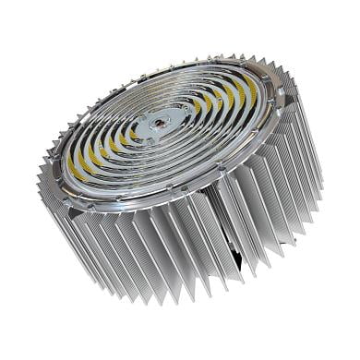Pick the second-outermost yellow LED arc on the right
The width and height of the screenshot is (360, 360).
click(236, 103)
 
